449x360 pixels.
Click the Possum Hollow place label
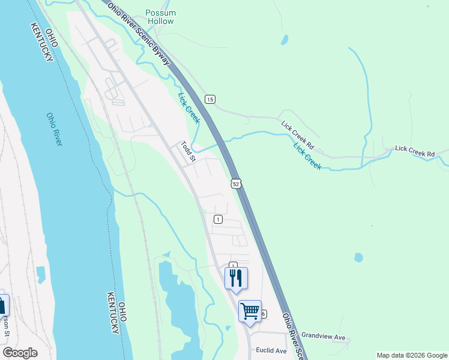click(x=160, y=17)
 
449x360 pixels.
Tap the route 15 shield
click(x=209, y=99)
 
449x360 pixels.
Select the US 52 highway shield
click(x=236, y=184)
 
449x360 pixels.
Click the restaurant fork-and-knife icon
click(x=236, y=277)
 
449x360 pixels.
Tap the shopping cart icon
click(x=250, y=311)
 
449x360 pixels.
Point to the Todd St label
click(x=188, y=152)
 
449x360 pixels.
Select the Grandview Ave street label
click(x=324, y=336)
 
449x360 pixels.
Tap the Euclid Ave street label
click(x=271, y=350)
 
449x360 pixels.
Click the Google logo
click(x=20, y=353)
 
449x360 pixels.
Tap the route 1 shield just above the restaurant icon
click(x=233, y=265)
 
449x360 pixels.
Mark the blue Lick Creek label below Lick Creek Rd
click(x=307, y=155)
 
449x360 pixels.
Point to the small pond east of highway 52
click(x=358, y=257)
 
